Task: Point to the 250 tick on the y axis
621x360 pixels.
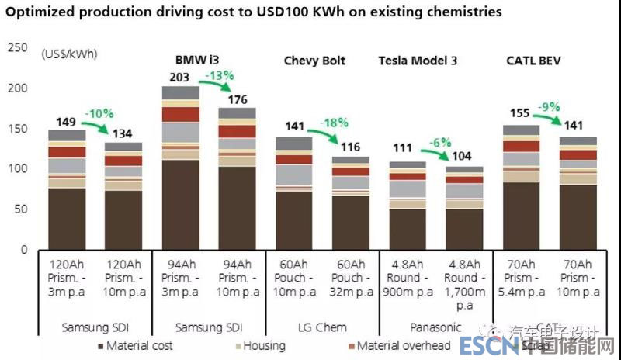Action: pyautogui.click(x=17, y=48)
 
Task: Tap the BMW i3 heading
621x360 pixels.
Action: pyautogui.click(x=196, y=61)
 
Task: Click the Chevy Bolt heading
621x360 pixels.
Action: pyautogui.click(x=314, y=61)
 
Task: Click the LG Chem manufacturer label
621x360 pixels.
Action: pyautogui.click(x=321, y=327)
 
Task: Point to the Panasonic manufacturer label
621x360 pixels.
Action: pyautogui.click(x=435, y=327)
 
